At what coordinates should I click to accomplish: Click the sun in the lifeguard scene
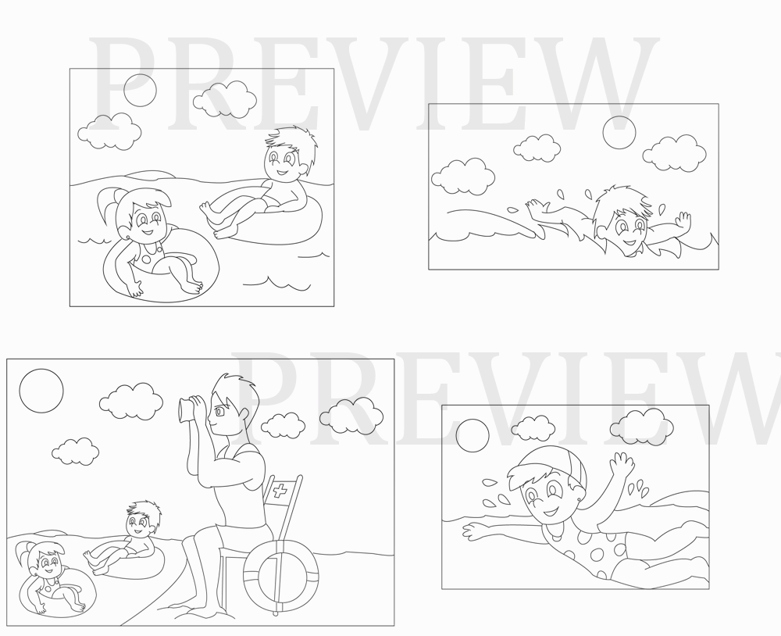[x=41, y=391]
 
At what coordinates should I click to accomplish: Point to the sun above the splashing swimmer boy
[x=619, y=133]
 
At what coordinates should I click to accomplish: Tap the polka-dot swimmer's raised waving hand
[x=622, y=465]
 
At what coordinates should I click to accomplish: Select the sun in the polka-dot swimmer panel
[x=473, y=436]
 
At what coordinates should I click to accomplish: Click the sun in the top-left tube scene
[x=140, y=90]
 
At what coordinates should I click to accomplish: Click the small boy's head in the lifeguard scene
[x=142, y=518]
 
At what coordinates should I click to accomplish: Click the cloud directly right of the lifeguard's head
[x=283, y=426]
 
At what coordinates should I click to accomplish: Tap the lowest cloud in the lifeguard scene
[x=75, y=452]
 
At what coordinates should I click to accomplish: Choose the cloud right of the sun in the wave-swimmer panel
[x=674, y=153]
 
